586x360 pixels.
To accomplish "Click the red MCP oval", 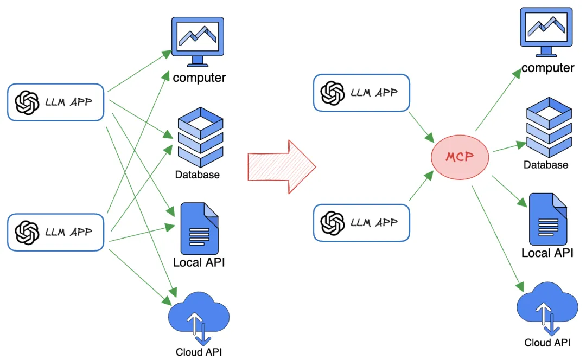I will click(x=460, y=157).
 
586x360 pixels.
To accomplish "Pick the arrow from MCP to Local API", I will click(x=509, y=191).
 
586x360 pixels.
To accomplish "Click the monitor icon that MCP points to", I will click(x=547, y=31).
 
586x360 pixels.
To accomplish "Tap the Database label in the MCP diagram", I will click(x=546, y=165).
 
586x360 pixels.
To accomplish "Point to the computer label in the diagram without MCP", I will click(x=199, y=78).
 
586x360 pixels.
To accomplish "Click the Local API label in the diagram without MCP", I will click(x=199, y=263).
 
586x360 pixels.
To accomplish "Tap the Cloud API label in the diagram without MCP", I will click(x=199, y=352).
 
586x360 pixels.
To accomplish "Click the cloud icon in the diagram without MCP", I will click(x=199, y=317).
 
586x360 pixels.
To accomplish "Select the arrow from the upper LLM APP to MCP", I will click(x=421, y=125).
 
